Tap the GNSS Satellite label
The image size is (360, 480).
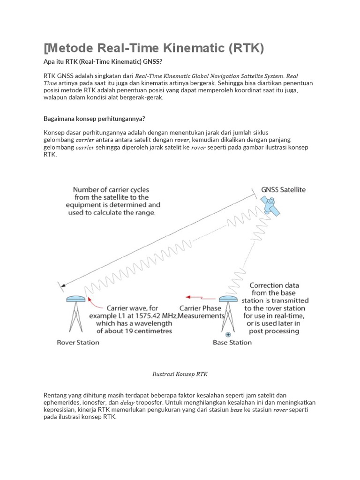click(x=283, y=190)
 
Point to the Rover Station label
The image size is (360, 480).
click(x=78, y=342)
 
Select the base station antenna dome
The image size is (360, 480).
click(x=228, y=299)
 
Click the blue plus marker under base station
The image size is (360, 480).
click(x=228, y=334)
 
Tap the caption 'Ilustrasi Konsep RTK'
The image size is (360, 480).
click(x=180, y=374)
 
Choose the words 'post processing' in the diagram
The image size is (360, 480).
click(x=274, y=331)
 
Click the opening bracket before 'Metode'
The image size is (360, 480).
click(x=45, y=48)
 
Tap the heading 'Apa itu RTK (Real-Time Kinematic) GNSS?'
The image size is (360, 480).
click(x=103, y=62)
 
